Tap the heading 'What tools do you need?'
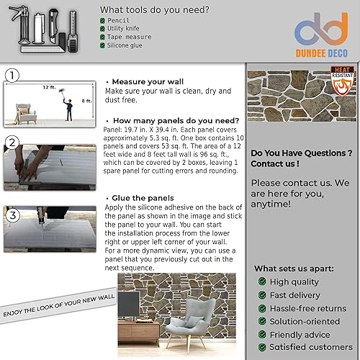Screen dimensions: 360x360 click(x=155, y=10)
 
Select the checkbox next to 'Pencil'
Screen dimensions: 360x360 click(x=102, y=22)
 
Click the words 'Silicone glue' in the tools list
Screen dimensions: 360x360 click(x=129, y=45)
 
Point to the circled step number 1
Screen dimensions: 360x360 click(x=13, y=75)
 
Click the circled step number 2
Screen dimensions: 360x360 click(x=12, y=142)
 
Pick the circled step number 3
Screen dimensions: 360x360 click(x=12, y=215)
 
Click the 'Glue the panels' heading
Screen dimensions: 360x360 click(x=143, y=197)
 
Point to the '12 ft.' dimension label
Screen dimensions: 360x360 click(x=48, y=87)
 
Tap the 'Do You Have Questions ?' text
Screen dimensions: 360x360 click(x=301, y=153)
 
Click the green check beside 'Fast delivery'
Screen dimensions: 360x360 click(x=262, y=295)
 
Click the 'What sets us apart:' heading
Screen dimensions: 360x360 click(x=294, y=268)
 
